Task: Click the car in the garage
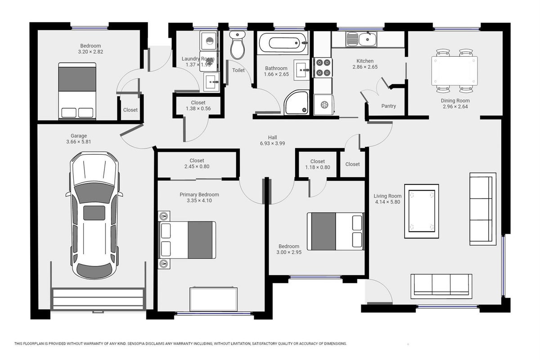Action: [x=94, y=215]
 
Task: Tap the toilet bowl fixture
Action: [x=238, y=45]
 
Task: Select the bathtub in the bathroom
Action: [x=283, y=43]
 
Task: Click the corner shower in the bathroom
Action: [x=297, y=102]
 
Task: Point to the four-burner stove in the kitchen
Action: [x=323, y=67]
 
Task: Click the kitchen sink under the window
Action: [x=361, y=39]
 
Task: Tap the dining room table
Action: [x=454, y=71]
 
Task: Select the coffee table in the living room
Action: [x=422, y=211]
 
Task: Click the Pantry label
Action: [x=389, y=106]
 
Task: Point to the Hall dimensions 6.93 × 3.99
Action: [x=272, y=143]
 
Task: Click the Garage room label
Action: [x=79, y=136]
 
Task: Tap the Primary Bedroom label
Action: [x=199, y=194]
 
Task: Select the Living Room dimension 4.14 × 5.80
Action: [x=387, y=202]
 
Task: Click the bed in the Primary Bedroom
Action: [x=187, y=240]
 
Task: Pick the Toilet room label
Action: [x=238, y=70]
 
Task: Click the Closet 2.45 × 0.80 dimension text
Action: [x=197, y=166]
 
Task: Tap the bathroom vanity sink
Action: [x=301, y=70]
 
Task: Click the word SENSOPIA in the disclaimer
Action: [x=138, y=344]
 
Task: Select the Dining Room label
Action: [x=455, y=100]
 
